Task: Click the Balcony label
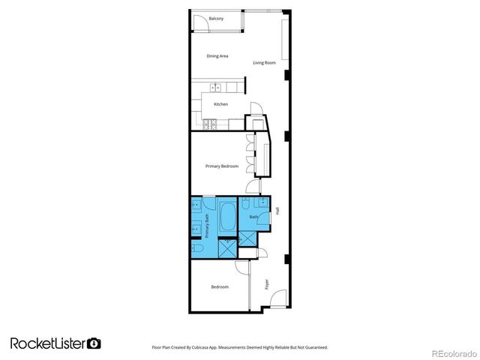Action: click(x=216, y=19)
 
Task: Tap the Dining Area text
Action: click(x=217, y=56)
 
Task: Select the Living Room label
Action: click(x=264, y=63)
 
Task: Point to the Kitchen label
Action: click(x=220, y=104)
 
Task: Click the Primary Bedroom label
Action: click(x=222, y=166)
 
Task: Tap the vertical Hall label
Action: click(x=277, y=212)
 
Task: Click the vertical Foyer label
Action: click(x=266, y=285)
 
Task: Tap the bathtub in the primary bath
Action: click(x=227, y=217)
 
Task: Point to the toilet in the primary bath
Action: click(x=196, y=248)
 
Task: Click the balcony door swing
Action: click(x=200, y=23)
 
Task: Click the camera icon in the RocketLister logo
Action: click(x=94, y=343)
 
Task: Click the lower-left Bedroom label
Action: click(x=219, y=287)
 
